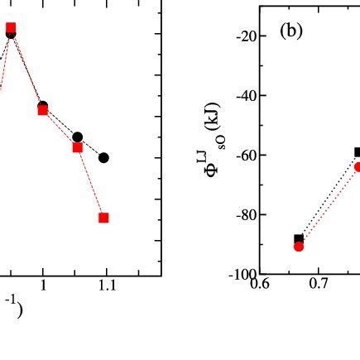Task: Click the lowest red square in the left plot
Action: (x=103, y=218)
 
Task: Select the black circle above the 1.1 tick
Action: (x=103, y=157)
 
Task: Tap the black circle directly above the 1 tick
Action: (x=43, y=107)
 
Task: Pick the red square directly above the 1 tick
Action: (x=43, y=110)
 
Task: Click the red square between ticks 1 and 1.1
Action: (x=77, y=147)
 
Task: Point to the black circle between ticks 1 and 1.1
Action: (x=77, y=137)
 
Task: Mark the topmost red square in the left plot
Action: (x=11, y=27)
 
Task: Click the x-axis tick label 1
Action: (x=43, y=286)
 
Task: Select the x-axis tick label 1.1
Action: (x=106, y=286)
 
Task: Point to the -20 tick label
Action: (x=246, y=36)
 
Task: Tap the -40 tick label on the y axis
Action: (x=246, y=96)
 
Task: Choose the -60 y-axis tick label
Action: (x=246, y=156)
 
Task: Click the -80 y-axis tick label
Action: (x=246, y=215)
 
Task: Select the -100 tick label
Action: (x=244, y=274)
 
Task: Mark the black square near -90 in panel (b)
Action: (x=299, y=239)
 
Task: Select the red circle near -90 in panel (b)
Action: (x=299, y=246)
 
